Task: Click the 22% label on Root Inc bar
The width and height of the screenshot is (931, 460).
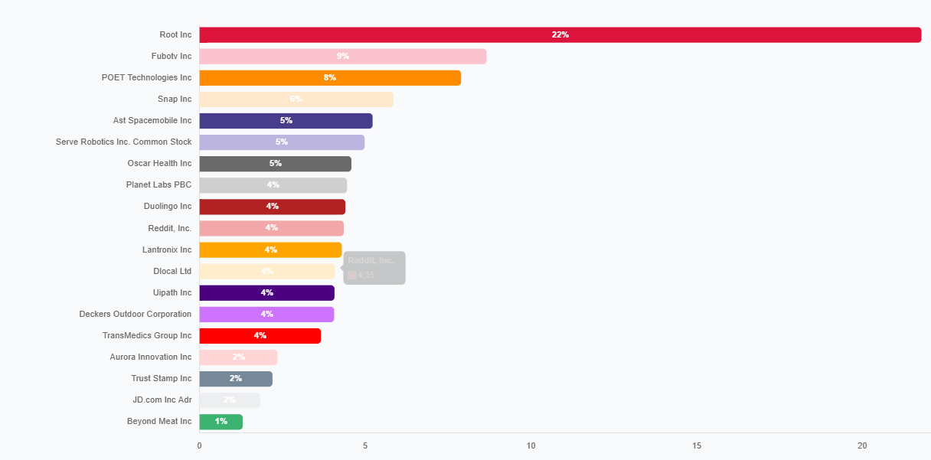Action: click(x=560, y=35)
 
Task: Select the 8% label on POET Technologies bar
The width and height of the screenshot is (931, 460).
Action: click(x=330, y=78)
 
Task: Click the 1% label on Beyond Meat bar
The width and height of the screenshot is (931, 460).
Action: click(x=220, y=422)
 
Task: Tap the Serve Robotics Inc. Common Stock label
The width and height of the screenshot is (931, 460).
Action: click(x=123, y=142)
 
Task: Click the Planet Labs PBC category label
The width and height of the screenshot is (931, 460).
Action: click(x=158, y=185)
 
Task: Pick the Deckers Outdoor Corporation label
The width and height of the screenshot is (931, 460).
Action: click(x=135, y=315)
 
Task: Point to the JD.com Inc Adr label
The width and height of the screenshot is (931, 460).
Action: click(x=162, y=400)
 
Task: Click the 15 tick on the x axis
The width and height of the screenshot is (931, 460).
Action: click(x=697, y=446)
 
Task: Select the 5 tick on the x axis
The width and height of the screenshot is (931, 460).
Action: click(x=365, y=446)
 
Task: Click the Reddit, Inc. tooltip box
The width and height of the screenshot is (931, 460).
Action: click(x=374, y=268)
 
